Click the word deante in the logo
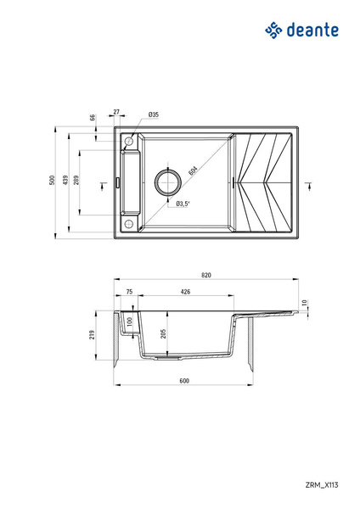click(x=314, y=31)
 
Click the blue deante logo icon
click(x=273, y=31)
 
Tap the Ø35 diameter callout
click(x=154, y=114)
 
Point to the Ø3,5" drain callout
click(x=183, y=204)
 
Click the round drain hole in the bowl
click(x=166, y=182)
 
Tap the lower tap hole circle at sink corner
click(x=129, y=224)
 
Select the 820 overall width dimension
click(x=206, y=275)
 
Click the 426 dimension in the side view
click(x=184, y=292)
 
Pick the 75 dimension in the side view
click(x=129, y=292)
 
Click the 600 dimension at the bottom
click(x=183, y=381)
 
